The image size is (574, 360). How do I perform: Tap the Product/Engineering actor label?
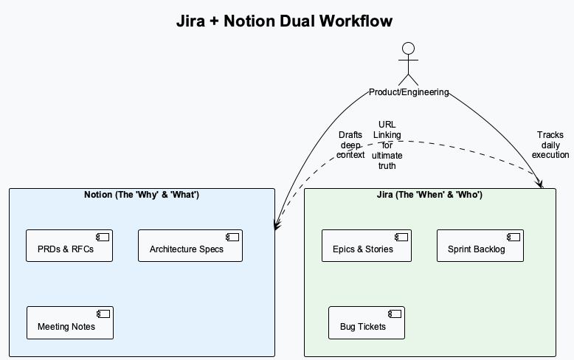coord(408,92)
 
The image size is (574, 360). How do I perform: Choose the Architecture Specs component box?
coord(190,246)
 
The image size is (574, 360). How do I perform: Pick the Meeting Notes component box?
coord(70,322)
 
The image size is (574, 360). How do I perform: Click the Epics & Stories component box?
coord(367,246)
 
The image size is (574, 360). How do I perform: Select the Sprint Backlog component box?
coord(480,246)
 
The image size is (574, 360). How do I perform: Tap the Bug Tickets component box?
coord(367,322)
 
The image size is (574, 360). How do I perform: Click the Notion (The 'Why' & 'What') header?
coord(142,195)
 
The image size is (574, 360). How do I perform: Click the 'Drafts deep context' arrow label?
coord(350,145)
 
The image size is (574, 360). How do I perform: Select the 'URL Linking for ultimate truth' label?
coord(387,145)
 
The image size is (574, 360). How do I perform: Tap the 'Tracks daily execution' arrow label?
coord(550,145)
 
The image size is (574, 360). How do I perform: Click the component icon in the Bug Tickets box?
coord(394,314)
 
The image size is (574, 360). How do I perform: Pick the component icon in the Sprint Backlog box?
coord(513,237)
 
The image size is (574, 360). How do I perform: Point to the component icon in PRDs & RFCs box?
coord(103,237)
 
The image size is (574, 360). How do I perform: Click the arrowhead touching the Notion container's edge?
coord(277,226)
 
